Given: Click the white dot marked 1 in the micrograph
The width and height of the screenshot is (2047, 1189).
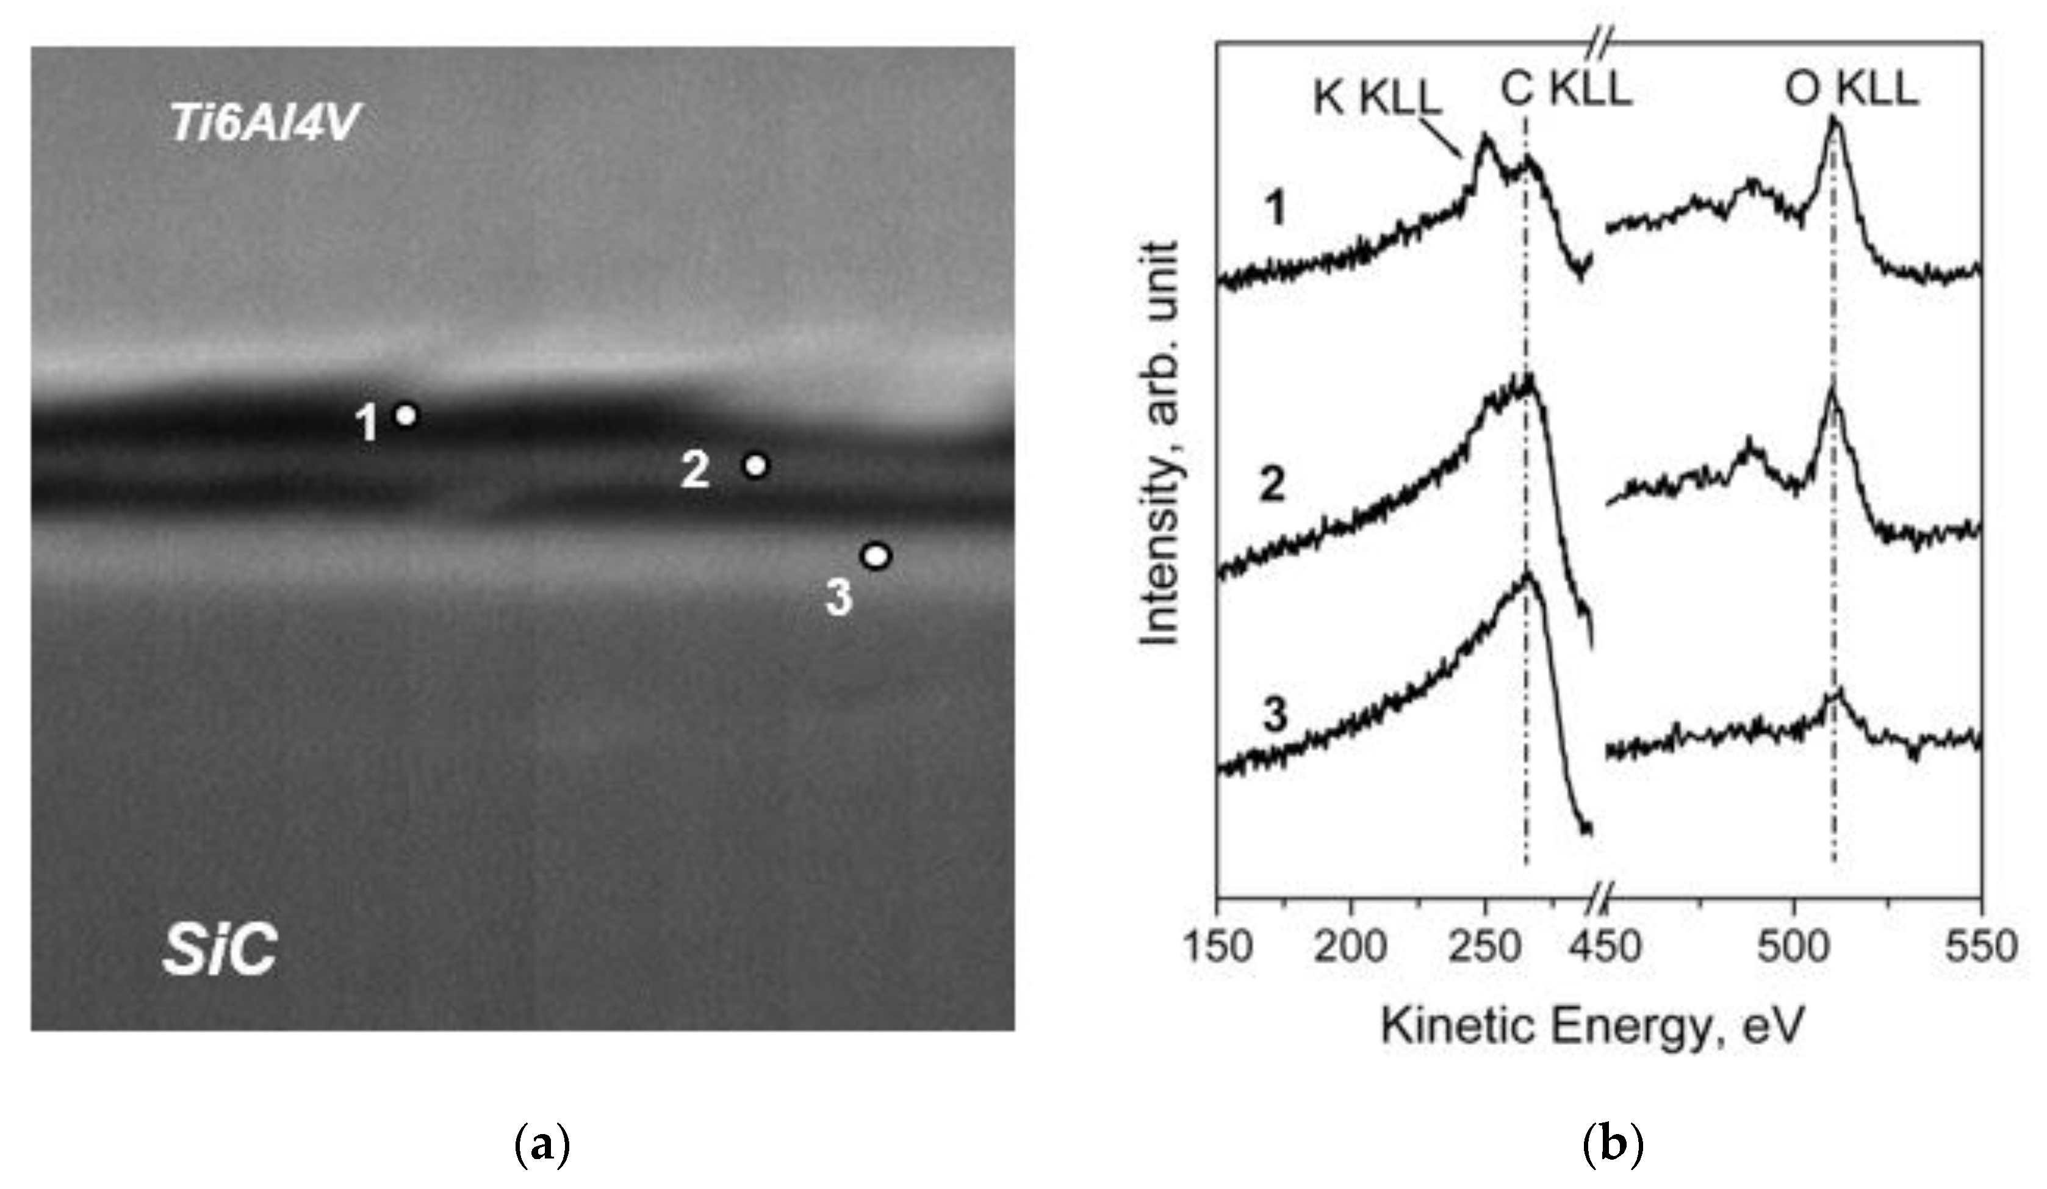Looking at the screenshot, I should pos(406,414).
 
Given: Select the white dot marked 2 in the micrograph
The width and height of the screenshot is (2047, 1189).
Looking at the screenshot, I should pos(756,465).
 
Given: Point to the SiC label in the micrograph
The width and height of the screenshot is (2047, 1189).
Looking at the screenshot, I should pos(219,951).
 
